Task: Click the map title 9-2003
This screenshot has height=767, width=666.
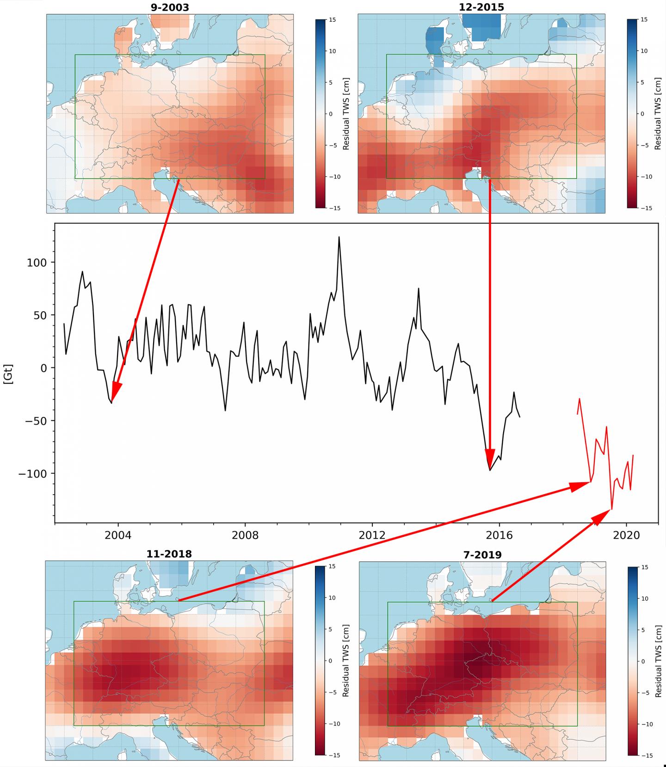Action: click(170, 7)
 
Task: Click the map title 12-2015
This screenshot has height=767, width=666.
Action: click(481, 7)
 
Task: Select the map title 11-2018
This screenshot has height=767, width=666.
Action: click(169, 554)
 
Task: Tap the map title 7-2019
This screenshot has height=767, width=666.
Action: click(482, 554)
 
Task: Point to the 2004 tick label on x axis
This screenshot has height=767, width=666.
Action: click(118, 535)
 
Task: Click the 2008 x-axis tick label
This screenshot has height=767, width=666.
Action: click(245, 535)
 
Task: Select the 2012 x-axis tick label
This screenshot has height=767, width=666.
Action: click(372, 535)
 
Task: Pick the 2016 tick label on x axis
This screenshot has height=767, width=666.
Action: click(499, 535)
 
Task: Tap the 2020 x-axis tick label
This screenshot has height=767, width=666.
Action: click(626, 535)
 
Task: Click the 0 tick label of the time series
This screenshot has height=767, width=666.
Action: click(44, 368)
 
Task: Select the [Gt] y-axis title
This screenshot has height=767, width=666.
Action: click(8, 374)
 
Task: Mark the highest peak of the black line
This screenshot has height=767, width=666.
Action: click(339, 238)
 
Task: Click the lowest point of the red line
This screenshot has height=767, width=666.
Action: click(612, 509)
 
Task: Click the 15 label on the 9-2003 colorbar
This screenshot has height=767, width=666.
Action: click(333, 20)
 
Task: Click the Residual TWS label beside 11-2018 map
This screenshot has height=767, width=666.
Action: click(346, 661)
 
